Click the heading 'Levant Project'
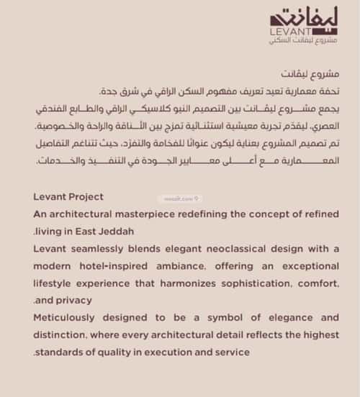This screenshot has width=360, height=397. (x=68, y=196)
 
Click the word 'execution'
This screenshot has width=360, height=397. (x=183, y=352)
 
